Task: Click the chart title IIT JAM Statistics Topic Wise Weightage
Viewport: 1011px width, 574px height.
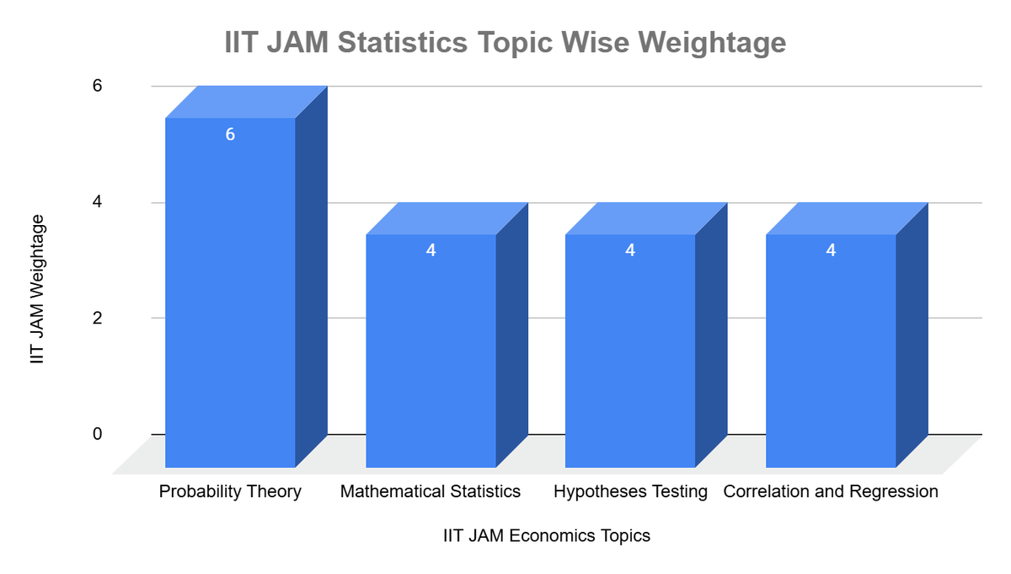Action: (505, 42)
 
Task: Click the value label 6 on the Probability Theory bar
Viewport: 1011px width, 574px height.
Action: (230, 134)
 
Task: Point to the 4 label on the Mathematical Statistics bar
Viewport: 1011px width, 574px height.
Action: (431, 250)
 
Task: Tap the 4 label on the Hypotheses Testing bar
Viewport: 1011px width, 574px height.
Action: (630, 250)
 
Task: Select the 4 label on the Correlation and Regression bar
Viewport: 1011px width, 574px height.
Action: (831, 250)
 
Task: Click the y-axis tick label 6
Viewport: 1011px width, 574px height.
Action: (97, 86)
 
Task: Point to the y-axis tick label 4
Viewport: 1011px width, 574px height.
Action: (97, 202)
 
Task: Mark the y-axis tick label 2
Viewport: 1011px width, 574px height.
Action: (97, 318)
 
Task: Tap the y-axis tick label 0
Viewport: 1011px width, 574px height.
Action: (97, 434)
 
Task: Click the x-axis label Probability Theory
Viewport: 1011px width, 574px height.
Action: (230, 491)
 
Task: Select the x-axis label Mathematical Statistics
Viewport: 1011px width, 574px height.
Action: (431, 491)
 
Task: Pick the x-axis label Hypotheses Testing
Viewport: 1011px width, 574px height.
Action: (630, 491)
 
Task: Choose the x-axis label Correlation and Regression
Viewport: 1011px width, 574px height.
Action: (831, 491)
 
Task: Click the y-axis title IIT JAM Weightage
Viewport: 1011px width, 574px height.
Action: (36, 289)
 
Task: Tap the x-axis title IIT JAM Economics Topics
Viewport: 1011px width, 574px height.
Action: (547, 536)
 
